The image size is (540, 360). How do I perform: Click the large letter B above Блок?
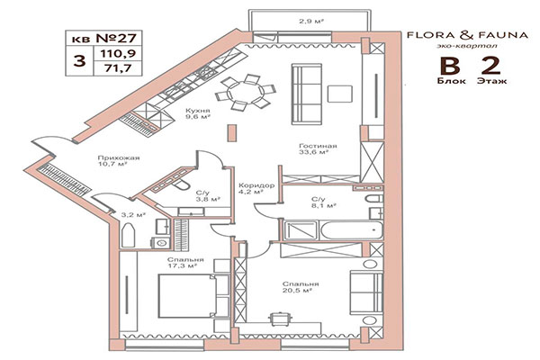(444, 66)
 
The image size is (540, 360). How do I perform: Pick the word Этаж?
(486, 80)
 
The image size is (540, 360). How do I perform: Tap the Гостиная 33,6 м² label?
(319, 149)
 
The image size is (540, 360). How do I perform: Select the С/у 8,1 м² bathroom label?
(318, 202)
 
